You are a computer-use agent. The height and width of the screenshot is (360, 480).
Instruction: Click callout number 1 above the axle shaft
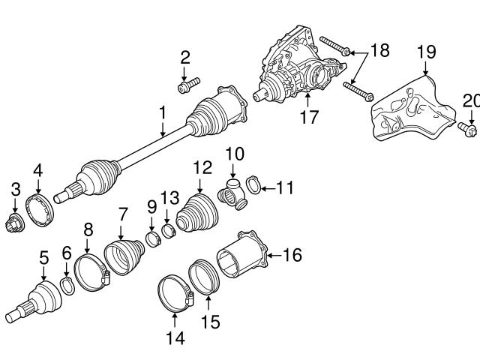click(162, 115)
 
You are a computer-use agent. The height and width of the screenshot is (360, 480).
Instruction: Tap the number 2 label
click(185, 57)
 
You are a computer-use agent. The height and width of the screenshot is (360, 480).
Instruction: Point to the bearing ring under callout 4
click(39, 208)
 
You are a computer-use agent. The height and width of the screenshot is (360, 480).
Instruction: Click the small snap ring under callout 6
click(67, 284)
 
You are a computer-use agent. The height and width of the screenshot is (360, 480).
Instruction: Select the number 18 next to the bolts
click(381, 50)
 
